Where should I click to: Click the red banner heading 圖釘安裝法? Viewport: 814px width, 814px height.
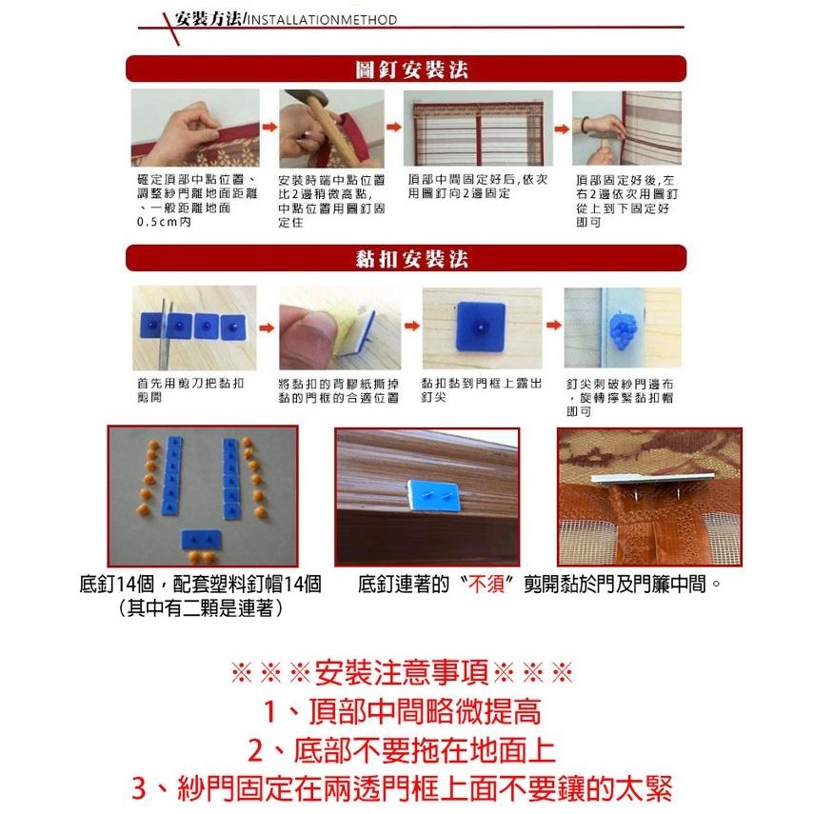click(x=407, y=69)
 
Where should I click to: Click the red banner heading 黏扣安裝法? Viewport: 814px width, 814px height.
click(x=407, y=259)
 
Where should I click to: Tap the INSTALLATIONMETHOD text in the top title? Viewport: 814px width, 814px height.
click(x=322, y=19)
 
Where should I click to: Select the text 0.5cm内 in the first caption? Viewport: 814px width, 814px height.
click(x=164, y=222)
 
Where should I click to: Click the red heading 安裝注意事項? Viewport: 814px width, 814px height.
click(x=407, y=672)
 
